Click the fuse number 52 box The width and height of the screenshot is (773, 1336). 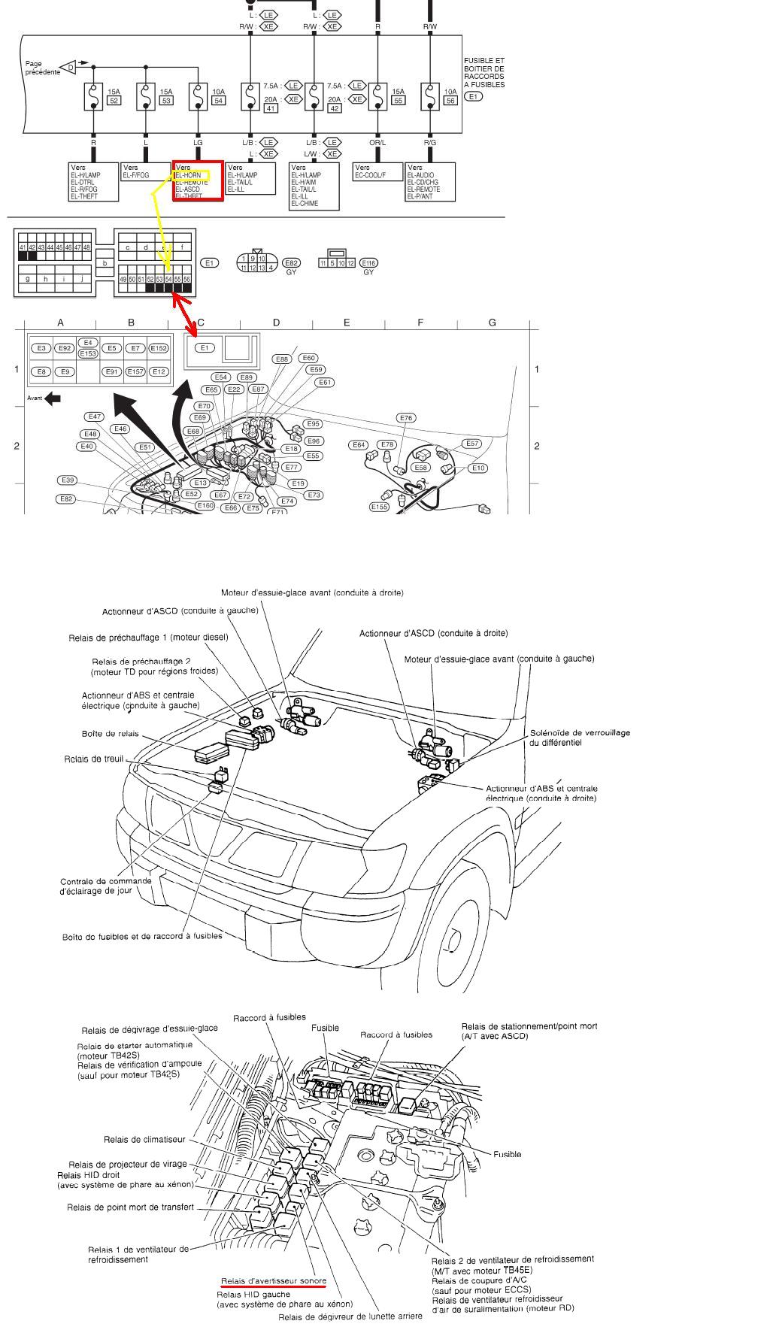click(x=114, y=101)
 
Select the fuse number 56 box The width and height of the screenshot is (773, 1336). click(x=450, y=101)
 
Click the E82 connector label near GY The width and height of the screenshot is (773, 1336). click(x=291, y=263)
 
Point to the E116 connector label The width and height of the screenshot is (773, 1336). click(x=368, y=263)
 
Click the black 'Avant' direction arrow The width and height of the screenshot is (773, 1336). click(x=53, y=398)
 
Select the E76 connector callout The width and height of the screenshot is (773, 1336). click(x=406, y=418)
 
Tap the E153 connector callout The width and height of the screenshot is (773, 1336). click(x=88, y=353)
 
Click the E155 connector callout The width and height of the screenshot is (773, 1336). click(x=379, y=507)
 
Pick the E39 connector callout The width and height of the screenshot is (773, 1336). click(x=68, y=480)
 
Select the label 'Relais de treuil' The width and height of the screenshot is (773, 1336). click(x=93, y=759)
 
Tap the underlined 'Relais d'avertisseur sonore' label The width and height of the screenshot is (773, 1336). click(x=274, y=1281)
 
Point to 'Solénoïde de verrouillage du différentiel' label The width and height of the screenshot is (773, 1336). click(x=580, y=738)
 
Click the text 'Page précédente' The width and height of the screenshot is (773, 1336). click(x=42, y=68)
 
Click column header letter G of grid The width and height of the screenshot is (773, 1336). click(x=493, y=323)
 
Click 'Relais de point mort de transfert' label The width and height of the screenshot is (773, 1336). click(x=130, y=1207)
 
